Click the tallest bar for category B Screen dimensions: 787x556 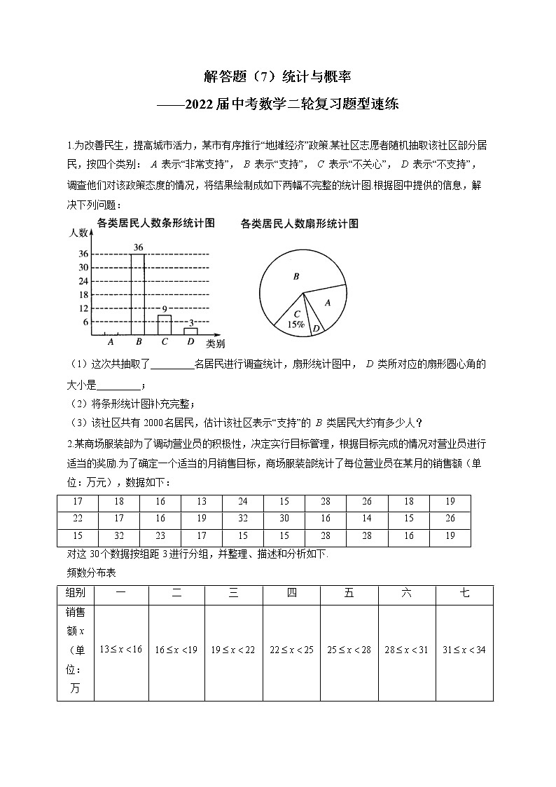pos(137,294)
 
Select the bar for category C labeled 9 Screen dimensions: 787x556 pos(164,325)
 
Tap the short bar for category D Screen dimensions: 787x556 pos(190,331)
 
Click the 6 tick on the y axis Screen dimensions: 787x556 pos(85,322)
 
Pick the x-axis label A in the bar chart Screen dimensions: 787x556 pos(110,342)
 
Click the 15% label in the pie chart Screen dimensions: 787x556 pos(295,324)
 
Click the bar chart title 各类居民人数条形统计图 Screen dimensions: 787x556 pos(155,224)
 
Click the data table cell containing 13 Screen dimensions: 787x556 pos(202,501)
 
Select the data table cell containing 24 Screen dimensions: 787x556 pos(243,501)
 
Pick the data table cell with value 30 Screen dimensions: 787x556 pos(284,519)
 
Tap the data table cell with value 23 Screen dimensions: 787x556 pos(160,536)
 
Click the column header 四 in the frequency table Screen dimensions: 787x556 pos(291,594)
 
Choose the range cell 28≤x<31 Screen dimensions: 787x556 pos(406,650)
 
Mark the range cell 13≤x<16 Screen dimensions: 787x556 pos(121,650)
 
